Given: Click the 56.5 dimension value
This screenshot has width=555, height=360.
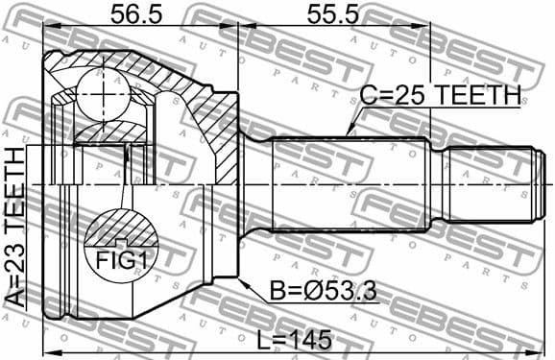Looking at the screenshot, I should click(x=134, y=14).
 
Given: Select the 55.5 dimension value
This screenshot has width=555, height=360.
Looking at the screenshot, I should click(x=331, y=14).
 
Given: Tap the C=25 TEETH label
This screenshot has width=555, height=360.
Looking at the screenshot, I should click(x=440, y=96).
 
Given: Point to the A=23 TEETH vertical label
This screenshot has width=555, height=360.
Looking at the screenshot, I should click(x=15, y=227).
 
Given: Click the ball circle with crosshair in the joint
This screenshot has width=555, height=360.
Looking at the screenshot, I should click(x=103, y=94).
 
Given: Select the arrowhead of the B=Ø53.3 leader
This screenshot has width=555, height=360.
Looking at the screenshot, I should click(x=241, y=279).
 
